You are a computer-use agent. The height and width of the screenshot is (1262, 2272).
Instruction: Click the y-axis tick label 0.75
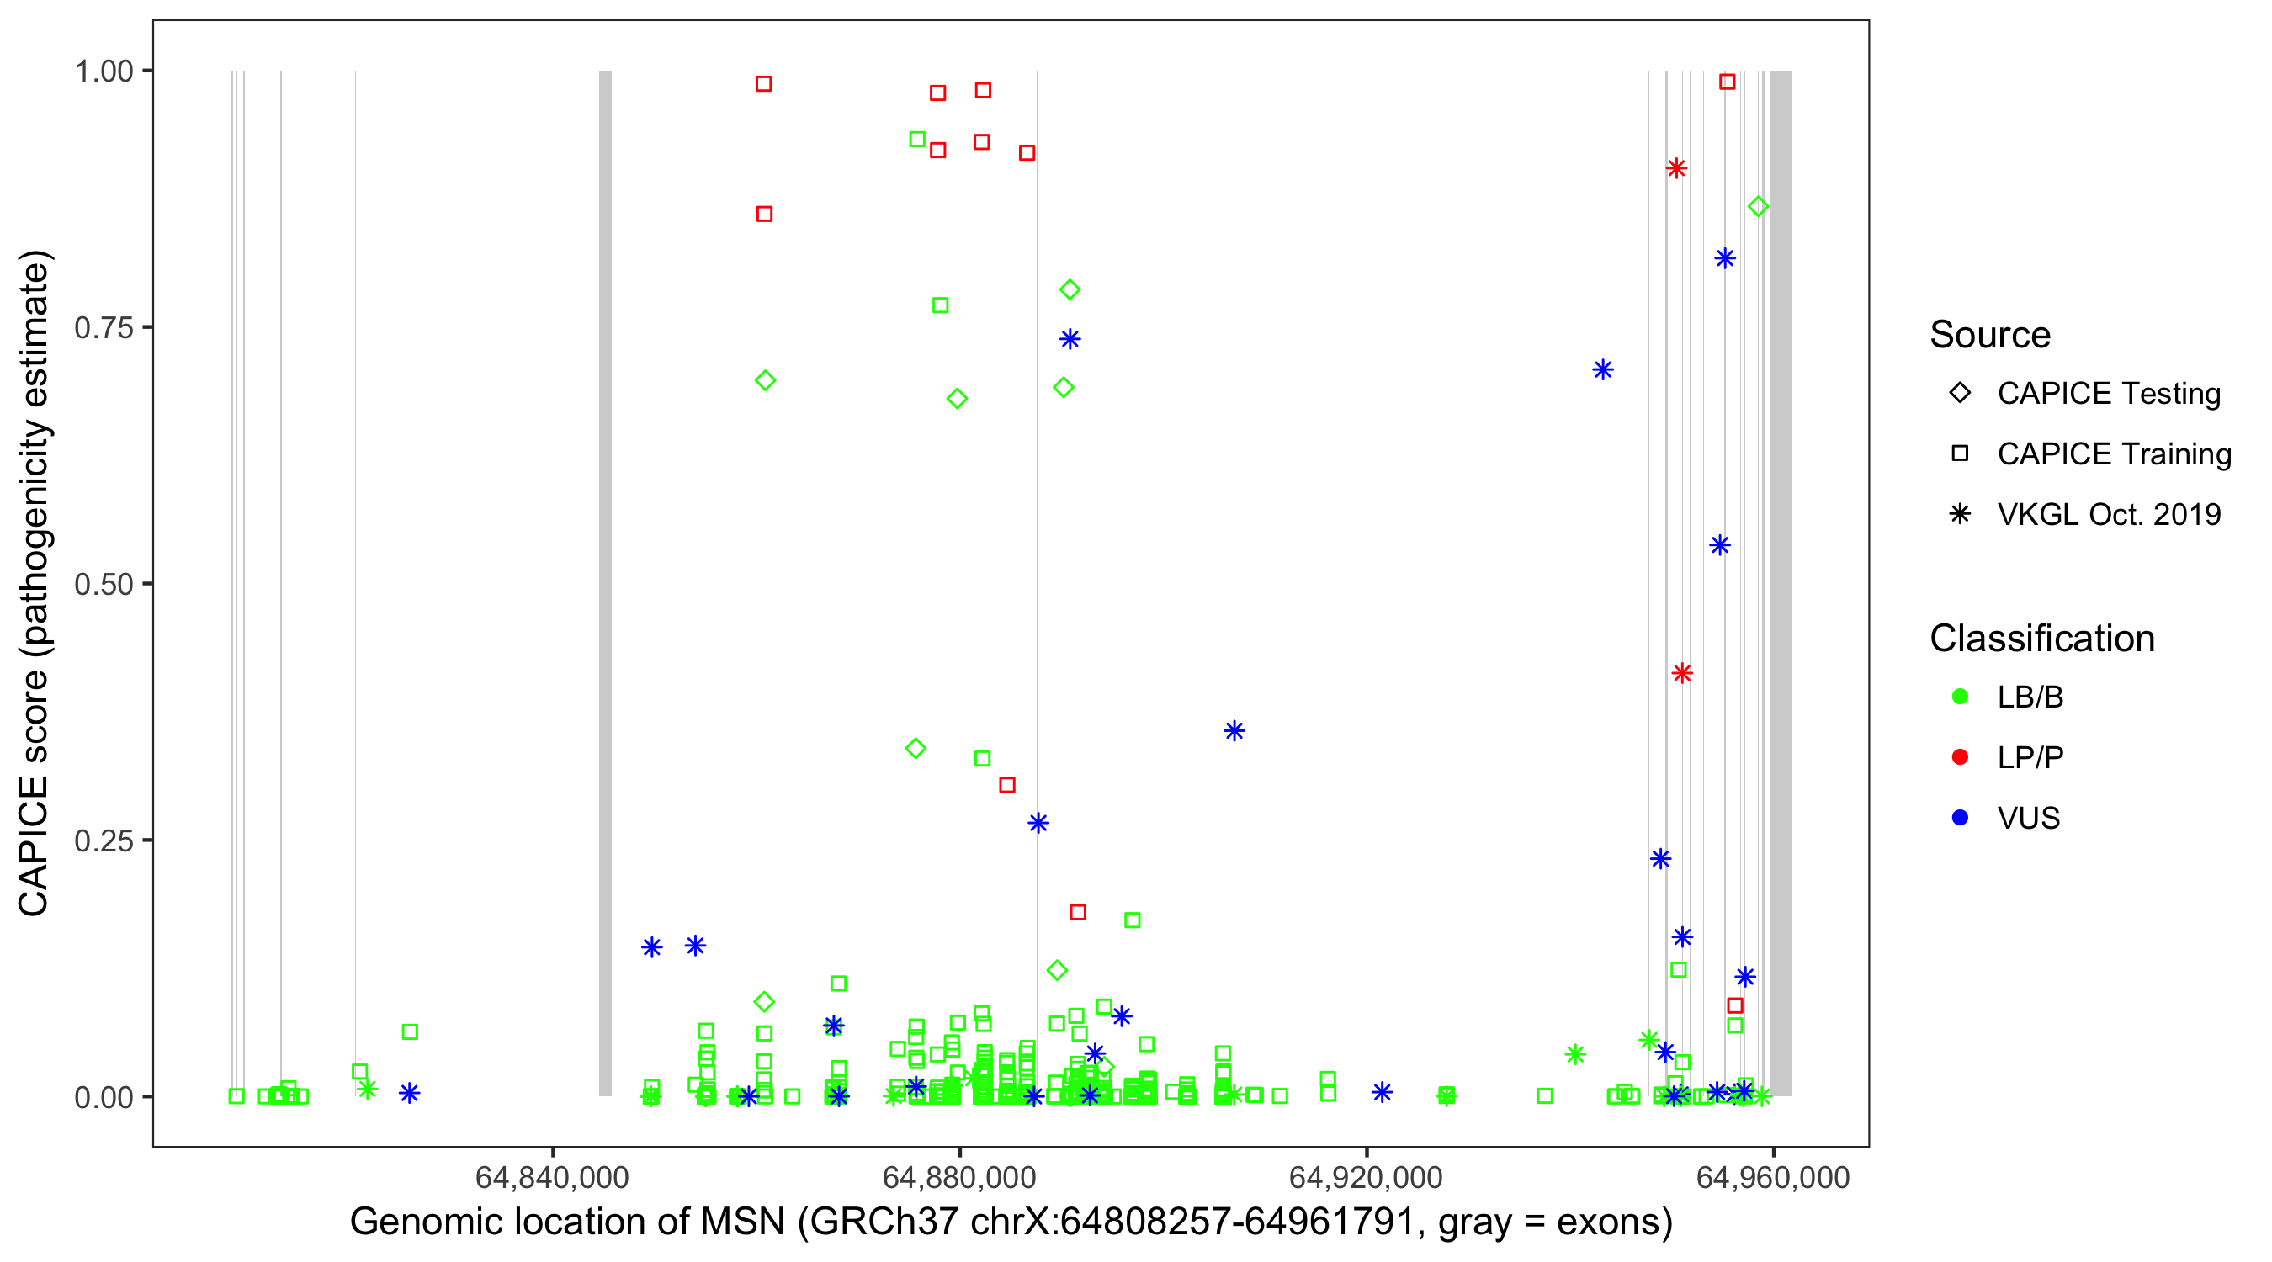click(103, 328)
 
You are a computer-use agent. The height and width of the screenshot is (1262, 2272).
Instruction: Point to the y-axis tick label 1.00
click(103, 72)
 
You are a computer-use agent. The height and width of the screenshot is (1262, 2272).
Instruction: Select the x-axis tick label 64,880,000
click(958, 1177)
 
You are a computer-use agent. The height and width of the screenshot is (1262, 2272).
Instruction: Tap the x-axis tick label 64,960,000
click(1773, 1177)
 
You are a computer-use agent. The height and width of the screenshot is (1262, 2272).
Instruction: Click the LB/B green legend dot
click(1961, 697)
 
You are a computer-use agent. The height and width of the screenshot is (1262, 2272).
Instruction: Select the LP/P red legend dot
click(1961, 757)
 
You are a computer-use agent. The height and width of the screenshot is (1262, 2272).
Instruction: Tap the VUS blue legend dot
click(1961, 818)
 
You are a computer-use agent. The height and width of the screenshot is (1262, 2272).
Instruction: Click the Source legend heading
click(1990, 335)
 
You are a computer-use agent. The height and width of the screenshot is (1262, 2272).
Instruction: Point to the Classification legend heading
click(2041, 639)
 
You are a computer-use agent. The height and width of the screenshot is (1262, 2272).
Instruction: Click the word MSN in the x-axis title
click(741, 1222)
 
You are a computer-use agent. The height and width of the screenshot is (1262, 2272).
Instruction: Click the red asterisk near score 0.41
click(1682, 674)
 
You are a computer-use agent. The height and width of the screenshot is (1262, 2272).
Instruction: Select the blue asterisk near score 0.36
click(1234, 731)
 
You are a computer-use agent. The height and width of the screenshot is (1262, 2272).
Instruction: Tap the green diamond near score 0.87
click(1758, 207)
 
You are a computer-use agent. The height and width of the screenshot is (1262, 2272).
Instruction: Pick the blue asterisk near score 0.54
click(1719, 546)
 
